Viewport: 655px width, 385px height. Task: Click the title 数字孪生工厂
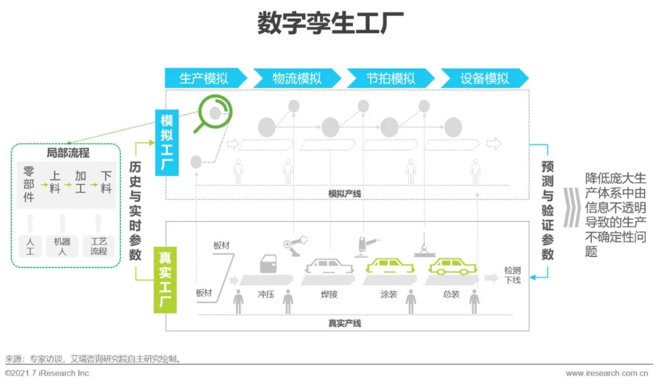point(331,22)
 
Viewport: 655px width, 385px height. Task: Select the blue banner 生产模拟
point(206,78)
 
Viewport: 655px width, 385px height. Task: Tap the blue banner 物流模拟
point(297,78)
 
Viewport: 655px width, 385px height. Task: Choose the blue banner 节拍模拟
point(391,78)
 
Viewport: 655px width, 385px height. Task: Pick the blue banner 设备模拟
point(485,78)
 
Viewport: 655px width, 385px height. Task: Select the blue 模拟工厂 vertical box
point(167,143)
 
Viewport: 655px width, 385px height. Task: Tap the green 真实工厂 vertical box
point(165,280)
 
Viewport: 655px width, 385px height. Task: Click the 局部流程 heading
point(68,153)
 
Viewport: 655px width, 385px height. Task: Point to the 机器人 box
point(62,246)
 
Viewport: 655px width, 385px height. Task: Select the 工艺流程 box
point(99,246)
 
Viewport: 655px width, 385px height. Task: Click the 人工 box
point(30,246)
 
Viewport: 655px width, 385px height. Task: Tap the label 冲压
point(266,294)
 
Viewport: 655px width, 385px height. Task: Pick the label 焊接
point(329,294)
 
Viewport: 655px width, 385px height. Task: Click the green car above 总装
point(452,266)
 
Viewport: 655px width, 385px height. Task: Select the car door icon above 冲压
point(268,264)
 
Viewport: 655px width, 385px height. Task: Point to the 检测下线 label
point(512,275)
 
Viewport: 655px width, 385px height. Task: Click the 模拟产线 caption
point(344,194)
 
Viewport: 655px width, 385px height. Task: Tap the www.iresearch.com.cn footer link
point(607,373)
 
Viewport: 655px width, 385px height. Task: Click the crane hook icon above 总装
point(425,246)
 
